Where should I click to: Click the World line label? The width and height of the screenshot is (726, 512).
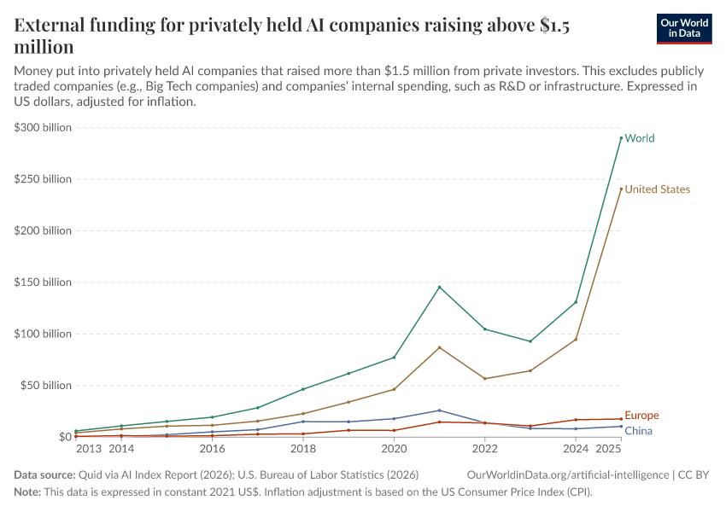639,138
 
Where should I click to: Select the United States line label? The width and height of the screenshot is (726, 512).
657,189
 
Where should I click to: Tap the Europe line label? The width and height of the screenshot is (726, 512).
641,416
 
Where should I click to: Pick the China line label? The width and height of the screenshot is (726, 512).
638,431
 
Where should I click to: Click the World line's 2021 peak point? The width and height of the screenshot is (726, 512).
439,287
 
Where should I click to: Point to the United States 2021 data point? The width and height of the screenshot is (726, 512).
439,347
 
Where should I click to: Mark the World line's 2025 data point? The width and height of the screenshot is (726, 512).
621,137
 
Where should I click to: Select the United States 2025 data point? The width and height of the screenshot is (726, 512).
621,189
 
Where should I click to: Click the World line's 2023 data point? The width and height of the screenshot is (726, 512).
530,341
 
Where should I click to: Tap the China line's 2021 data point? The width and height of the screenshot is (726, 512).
439,410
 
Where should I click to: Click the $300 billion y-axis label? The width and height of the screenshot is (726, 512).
43,127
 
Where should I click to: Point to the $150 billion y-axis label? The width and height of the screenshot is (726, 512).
43,282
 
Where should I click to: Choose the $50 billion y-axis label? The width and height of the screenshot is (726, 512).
46,386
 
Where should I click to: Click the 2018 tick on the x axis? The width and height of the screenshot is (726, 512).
303,448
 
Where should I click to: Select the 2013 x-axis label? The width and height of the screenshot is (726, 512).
89,448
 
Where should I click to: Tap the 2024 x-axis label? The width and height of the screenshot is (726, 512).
576,448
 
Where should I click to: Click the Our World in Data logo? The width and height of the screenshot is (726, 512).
684,28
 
